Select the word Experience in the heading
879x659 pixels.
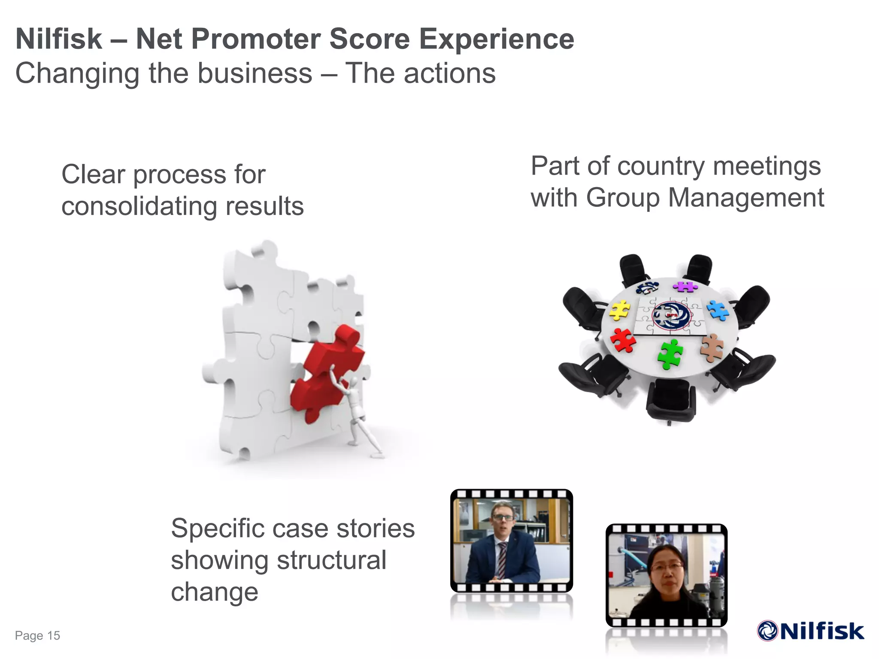click(496, 39)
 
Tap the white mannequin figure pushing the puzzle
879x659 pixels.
click(356, 412)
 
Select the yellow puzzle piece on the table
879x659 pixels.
click(619, 310)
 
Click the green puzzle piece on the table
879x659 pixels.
click(670, 354)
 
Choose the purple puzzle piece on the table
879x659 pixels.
click(685, 287)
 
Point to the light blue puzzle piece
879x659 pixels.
click(718, 310)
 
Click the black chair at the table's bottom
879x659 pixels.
click(670, 401)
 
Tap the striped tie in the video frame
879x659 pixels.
click(501, 560)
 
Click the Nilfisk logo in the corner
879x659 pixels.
click(810, 631)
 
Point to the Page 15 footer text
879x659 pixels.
click(37, 635)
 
